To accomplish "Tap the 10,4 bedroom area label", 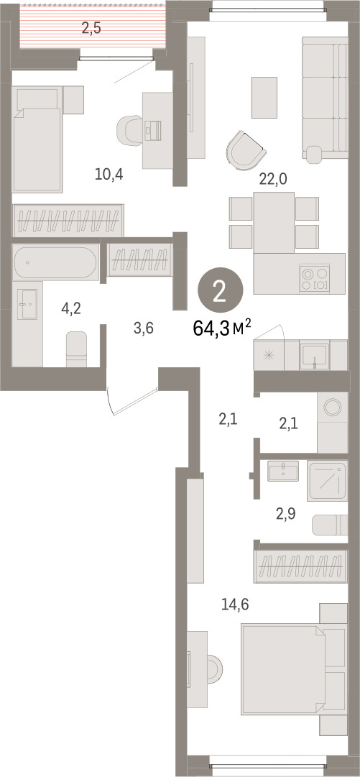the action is pyautogui.click(x=109, y=174).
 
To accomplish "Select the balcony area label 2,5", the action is pyautogui.click(x=91, y=28).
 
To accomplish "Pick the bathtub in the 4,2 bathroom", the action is pyautogui.click(x=55, y=262).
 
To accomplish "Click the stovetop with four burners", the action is pyautogui.click(x=315, y=279).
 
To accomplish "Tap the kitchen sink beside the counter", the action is pyautogui.click(x=315, y=355).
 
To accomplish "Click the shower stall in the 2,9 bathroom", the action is pyautogui.click(x=327, y=480).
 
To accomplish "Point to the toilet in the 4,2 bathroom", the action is pyautogui.click(x=76, y=349).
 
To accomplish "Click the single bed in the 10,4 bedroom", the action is pyautogui.click(x=37, y=139).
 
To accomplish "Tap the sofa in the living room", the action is pyautogui.click(x=324, y=100).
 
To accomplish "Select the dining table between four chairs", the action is pyautogui.click(x=274, y=223).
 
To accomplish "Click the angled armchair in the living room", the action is pyautogui.click(x=245, y=151).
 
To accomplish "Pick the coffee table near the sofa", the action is pyautogui.click(x=264, y=98).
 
